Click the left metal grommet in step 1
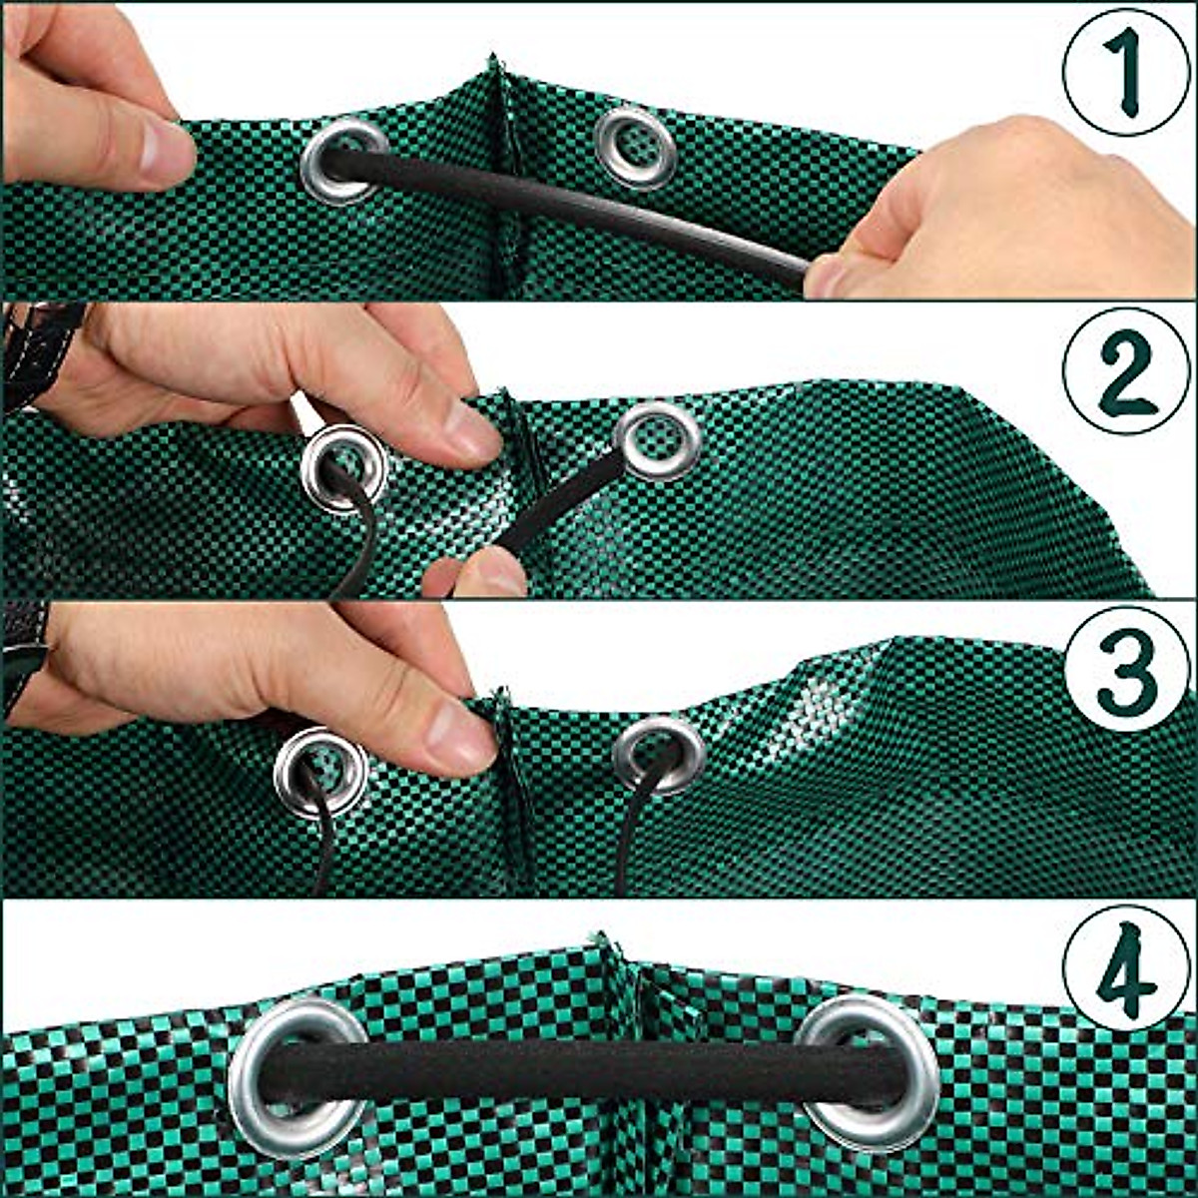(343, 160)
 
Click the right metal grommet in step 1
(635, 147)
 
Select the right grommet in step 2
(658, 439)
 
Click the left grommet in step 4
(298, 1076)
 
